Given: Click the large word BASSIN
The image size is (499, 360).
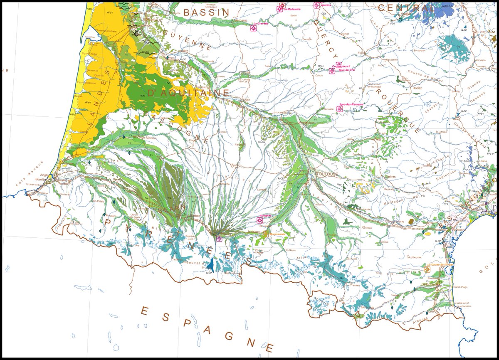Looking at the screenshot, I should point(206,12).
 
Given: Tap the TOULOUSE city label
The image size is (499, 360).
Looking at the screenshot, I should point(327,174).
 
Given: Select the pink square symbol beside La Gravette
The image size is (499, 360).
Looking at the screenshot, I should point(253,28).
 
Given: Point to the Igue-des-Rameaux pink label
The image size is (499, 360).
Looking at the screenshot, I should point(352,104).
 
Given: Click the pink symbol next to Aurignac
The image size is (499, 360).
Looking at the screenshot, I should point(259,221).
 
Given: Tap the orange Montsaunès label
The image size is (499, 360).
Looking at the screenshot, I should point(277,234).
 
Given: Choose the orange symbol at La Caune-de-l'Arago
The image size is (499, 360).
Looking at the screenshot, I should point(427,269).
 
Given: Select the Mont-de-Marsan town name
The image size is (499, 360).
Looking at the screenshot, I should point(144,138).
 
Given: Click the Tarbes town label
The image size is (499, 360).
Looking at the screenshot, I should point(195,216).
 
